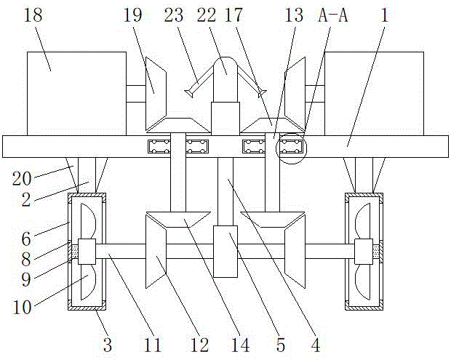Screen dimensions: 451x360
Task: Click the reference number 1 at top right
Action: [386, 17]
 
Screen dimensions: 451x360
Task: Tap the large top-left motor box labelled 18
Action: [76, 93]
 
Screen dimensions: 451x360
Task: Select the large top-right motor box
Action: [374, 93]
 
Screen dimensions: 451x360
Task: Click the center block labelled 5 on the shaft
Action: [225, 251]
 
